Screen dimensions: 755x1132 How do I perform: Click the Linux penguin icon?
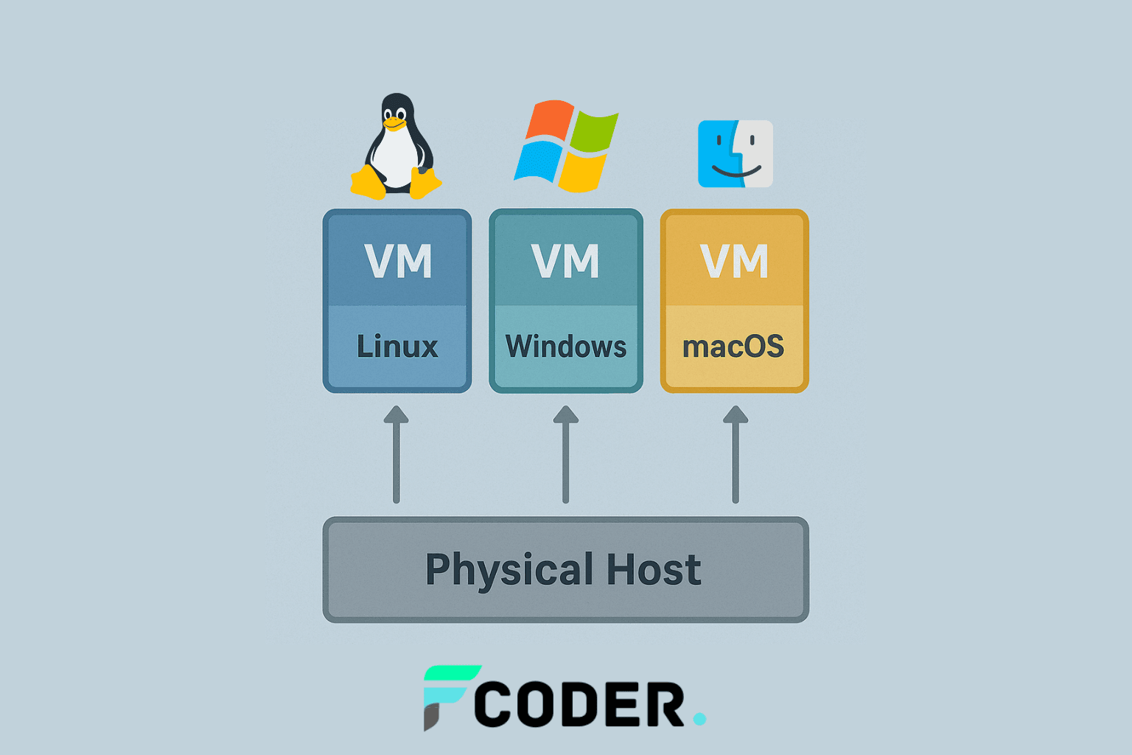pos(396,147)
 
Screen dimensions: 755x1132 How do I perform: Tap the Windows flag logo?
pos(565,146)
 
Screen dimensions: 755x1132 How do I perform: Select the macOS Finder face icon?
pos(735,153)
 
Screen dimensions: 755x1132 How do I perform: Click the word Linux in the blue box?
pos(397,347)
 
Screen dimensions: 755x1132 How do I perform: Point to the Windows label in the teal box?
pos(565,347)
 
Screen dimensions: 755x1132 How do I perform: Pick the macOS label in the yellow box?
pos(733,347)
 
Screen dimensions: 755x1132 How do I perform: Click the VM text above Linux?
pos(398,261)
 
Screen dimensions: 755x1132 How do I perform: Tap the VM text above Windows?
pos(565,261)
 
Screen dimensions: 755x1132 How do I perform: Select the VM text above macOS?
pos(734,261)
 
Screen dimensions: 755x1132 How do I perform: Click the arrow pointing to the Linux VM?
pos(396,453)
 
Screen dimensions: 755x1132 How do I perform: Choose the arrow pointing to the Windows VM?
pos(565,453)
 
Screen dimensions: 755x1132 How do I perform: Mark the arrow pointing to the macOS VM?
pos(735,453)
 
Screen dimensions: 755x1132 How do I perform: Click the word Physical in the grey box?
pos(509,570)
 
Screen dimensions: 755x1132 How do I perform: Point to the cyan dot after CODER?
pos(699,718)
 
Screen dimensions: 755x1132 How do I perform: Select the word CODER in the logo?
pos(579,705)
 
